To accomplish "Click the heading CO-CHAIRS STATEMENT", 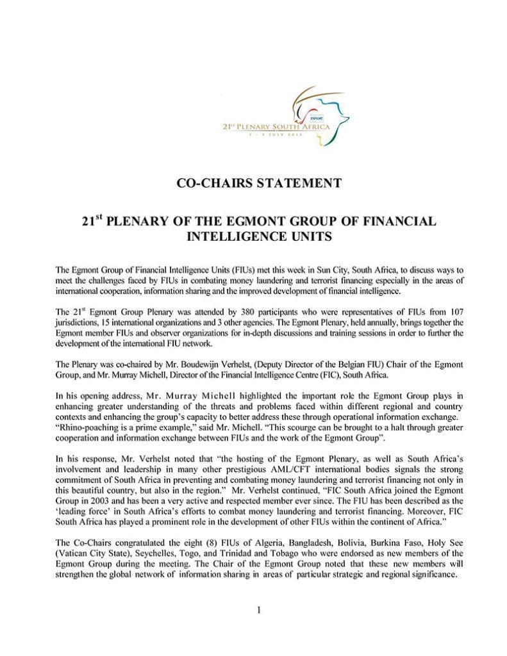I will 258,183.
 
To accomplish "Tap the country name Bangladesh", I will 295,543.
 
